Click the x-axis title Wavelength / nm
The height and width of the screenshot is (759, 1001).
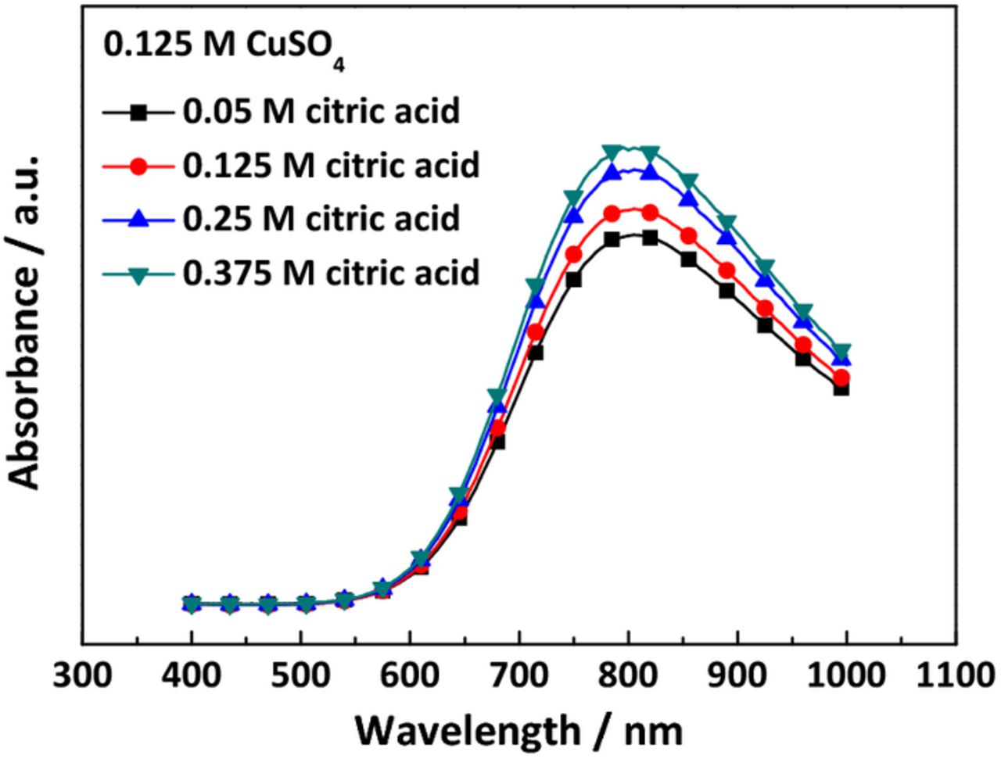519,730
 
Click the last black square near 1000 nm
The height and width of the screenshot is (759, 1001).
841,388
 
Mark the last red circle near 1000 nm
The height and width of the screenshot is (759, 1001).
841,378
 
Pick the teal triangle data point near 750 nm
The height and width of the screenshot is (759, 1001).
573,198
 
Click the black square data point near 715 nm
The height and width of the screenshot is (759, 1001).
536,353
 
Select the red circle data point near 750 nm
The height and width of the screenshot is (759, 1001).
573,255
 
